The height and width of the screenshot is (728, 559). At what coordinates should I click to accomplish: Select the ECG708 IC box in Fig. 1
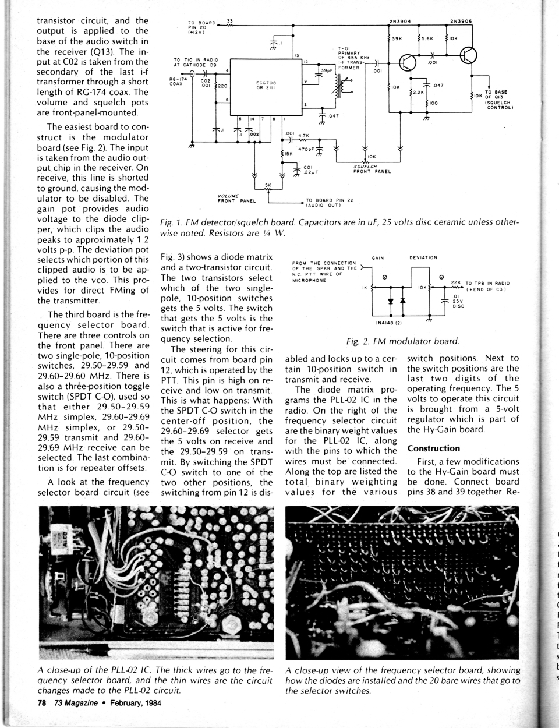[x=266, y=84]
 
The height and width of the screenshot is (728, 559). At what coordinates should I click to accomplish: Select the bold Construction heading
[x=434, y=448]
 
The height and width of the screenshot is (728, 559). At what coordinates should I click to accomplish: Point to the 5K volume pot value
[x=269, y=185]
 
